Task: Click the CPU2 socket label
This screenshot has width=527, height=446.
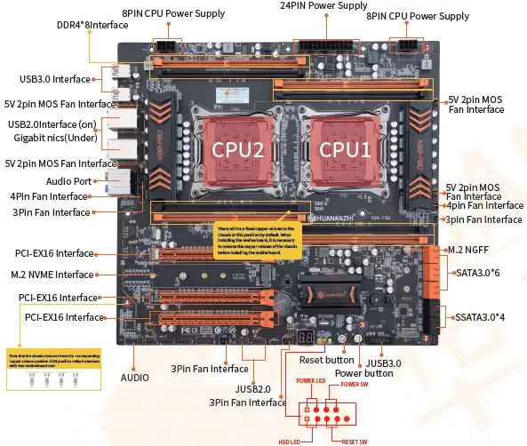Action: point(237,151)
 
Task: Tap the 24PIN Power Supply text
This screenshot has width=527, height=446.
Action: point(323,6)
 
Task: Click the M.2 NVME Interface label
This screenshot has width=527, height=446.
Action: point(52,275)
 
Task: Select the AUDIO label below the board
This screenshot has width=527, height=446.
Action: point(135,376)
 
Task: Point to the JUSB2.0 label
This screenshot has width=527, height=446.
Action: point(253,388)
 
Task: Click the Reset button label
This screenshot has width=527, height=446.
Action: point(326,360)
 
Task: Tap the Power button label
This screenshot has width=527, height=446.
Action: point(365,373)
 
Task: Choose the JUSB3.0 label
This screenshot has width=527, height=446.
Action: point(382,362)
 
